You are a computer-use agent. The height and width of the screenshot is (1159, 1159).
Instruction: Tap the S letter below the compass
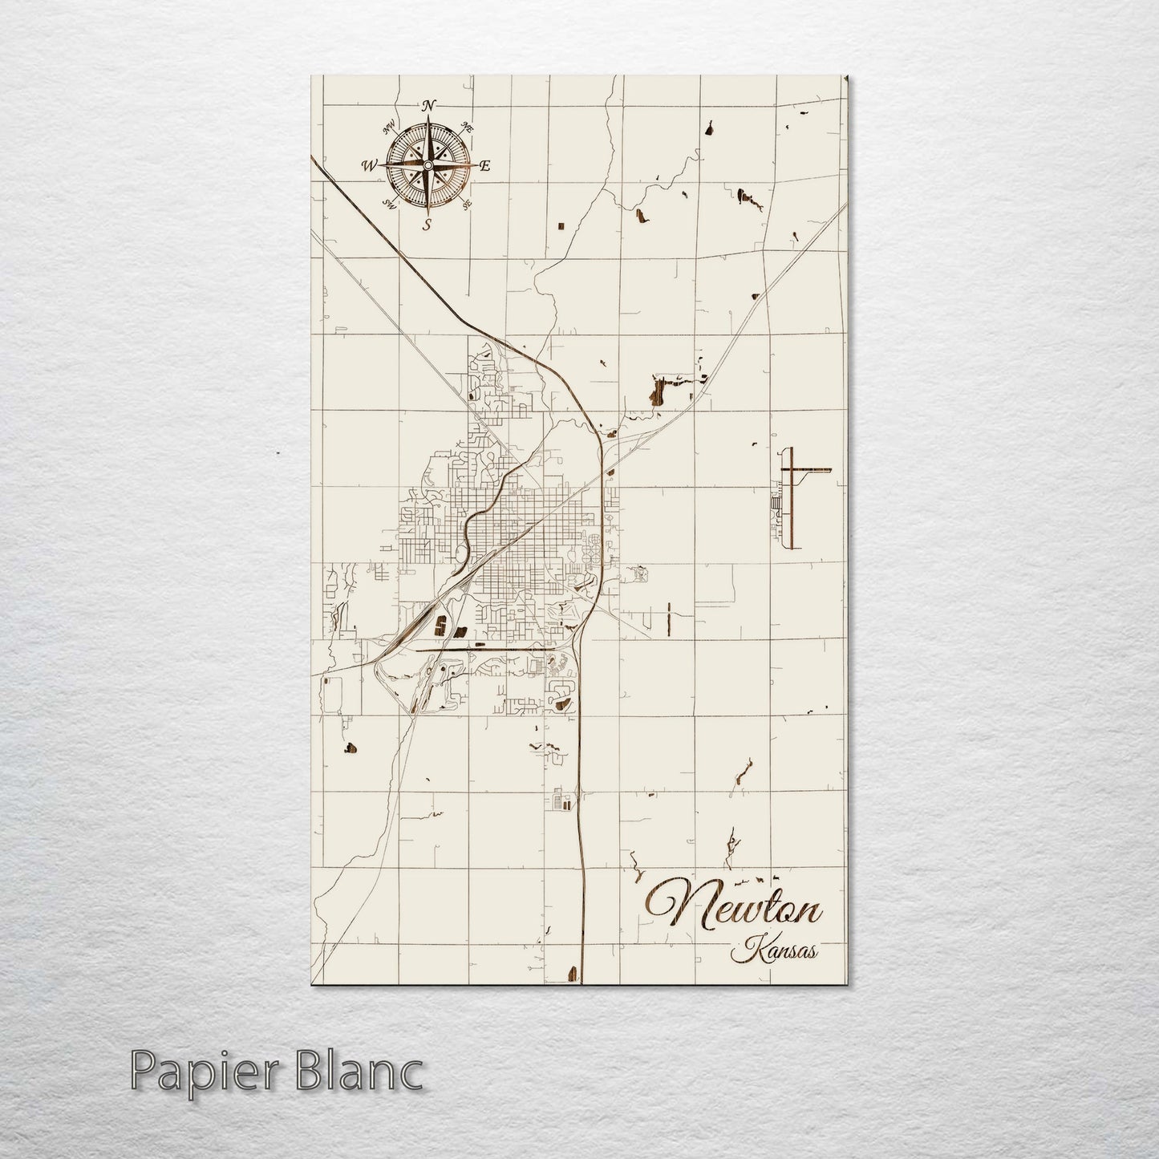(428, 225)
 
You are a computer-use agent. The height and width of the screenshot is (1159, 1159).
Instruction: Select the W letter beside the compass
(370, 166)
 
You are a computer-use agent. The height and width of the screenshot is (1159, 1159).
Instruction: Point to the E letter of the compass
(484, 166)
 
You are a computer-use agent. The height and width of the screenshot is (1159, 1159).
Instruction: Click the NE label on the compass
(468, 128)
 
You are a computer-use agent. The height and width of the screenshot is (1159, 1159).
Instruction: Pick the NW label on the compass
(390, 127)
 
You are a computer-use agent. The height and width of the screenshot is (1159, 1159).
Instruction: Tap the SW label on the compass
(391, 202)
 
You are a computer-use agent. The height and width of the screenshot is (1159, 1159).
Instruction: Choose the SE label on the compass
(467, 204)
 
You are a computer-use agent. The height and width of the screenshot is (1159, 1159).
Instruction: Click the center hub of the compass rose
(428, 165)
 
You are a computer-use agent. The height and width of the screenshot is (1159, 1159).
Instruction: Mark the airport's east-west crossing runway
(810, 469)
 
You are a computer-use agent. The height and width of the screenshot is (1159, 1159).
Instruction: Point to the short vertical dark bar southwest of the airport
(668, 618)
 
